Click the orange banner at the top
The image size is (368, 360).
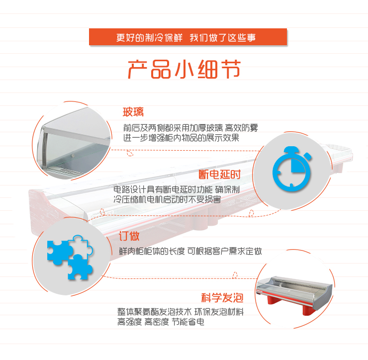pos(188,37)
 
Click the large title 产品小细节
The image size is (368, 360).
pos(184,69)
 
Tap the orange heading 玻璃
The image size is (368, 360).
pos(133,112)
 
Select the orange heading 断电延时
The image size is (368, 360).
pos(220,175)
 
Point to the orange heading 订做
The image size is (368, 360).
pos(129,236)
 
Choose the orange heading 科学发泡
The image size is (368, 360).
pos(222,298)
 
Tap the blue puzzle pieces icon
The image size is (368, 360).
pos(70,258)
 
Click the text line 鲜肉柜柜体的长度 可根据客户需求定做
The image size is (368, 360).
pos(190,251)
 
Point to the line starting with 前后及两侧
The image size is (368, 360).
pos(190,128)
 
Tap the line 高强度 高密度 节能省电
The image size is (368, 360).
pos(161,322)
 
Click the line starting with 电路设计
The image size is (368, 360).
pos(177,189)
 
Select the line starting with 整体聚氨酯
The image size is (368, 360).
pos(181,312)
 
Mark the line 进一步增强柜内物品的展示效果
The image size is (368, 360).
pos(181,138)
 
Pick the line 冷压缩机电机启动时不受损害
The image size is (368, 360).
pos(167,199)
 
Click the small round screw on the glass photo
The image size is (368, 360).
pos(73,155)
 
